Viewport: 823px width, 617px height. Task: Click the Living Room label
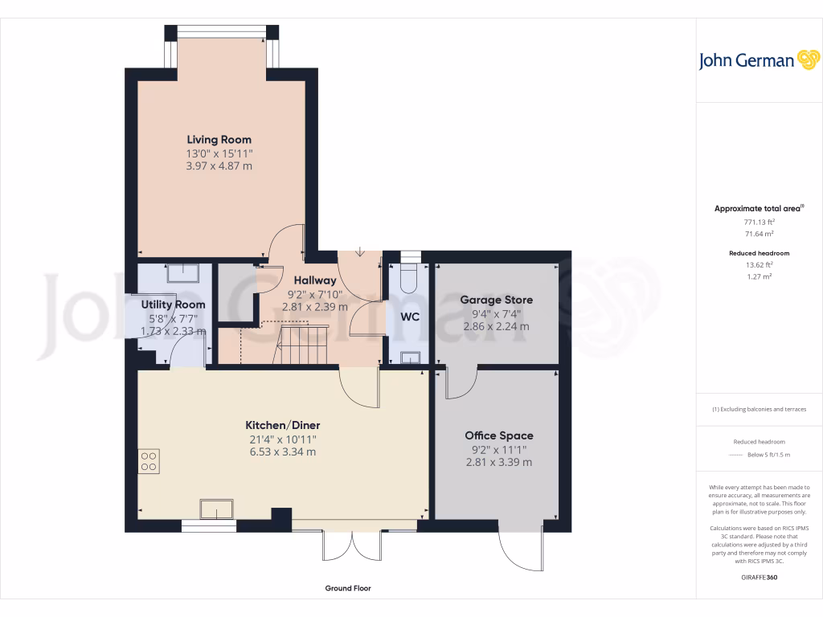click(x=219, y=140)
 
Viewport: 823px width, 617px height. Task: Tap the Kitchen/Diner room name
click(x=282, y=425)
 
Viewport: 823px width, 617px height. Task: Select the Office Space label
click(x=498, y=435)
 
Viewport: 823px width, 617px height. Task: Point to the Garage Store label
click(x=496, y=300)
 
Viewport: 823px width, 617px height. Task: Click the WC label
click(x=410, y=317)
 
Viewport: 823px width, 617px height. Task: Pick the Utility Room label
click(x=173, y=304)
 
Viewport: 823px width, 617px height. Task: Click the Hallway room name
click(x=314, y=280)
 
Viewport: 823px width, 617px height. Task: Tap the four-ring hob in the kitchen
click(x=149, y=460)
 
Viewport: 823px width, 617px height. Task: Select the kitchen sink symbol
click(x=216, y=509)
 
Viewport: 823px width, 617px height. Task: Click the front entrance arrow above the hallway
click(x=359, y=252)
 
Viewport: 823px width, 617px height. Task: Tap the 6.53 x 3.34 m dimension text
click(x=282, y=452)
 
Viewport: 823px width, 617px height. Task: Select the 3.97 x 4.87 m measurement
click(x=219, y=165)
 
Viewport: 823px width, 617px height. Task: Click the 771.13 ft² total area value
click(x=760, y=222)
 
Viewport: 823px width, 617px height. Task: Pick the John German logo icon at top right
click(x=807, y=60)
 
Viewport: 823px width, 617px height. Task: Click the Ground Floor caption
click(x=348, y=588)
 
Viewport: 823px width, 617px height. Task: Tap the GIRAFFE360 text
click(x=760, y=577)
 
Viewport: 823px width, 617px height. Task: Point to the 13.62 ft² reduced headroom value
click(x=760, y=264)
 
